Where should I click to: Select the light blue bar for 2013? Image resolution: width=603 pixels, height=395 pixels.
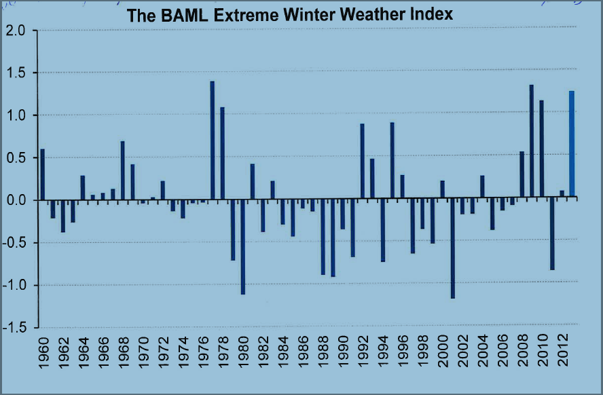[x=572, y=145]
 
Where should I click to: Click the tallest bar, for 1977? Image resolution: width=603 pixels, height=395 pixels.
[x=212, y=140]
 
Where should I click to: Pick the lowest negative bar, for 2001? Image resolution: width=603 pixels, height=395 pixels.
[x=452, y=248]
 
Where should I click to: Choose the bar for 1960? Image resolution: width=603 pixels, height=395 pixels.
[x=42, y=174]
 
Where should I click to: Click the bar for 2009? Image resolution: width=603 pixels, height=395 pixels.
[x=531, y=141]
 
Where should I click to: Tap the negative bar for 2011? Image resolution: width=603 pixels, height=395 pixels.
[x=552, y=234]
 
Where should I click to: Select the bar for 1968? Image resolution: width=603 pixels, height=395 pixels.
[x=122, y=170]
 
